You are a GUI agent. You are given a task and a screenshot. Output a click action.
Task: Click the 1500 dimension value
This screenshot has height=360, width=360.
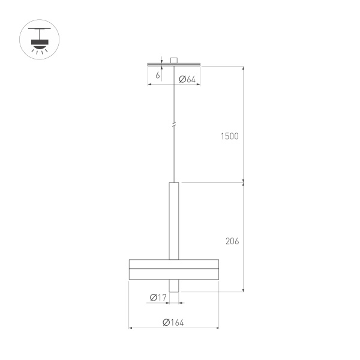[x=229, y=136]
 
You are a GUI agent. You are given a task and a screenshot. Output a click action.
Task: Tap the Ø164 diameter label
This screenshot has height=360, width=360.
[x=173, y=322]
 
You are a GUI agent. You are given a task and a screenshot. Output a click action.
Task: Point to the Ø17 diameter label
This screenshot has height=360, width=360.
[x=158, y=297]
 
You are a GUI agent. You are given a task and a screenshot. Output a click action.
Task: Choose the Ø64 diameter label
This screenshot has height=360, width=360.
[x=188, y=79]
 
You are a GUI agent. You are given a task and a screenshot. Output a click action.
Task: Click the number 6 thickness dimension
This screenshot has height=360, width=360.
[x=158, y=76]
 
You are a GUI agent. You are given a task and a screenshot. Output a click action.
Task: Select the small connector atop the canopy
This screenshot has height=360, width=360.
[x=173, y=60]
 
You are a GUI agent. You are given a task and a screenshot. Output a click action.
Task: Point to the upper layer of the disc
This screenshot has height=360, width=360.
[x=173, y=265]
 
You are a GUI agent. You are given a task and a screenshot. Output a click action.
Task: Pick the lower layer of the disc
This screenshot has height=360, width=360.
[x=173, y=274]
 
